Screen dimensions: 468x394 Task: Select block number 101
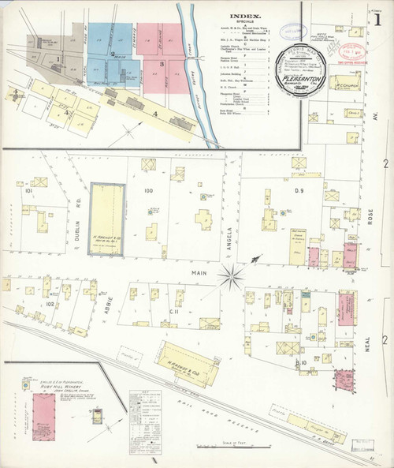click(28, 191)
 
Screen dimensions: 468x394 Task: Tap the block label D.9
click(299, 191)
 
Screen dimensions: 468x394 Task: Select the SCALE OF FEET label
click(235, 443)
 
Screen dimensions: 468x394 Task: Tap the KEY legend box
click(144, 395)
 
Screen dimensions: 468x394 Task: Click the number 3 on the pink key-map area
click(162, 63)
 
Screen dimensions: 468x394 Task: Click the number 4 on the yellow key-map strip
click(156, 114)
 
